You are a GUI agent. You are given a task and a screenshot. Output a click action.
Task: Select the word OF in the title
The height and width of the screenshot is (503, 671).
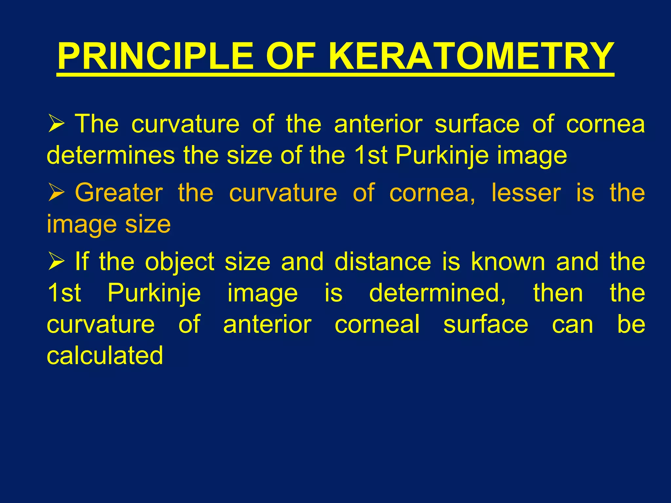[x=291, y=56]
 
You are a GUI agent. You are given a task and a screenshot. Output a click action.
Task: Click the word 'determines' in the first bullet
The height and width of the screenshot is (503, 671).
[x=111, y=155]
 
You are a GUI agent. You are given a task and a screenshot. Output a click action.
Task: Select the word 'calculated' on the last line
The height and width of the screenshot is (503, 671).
[x=105, y=355]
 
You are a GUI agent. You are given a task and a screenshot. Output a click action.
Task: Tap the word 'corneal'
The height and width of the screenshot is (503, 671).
[x=377, y=324]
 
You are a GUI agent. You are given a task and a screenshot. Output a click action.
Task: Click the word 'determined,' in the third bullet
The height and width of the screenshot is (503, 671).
[x=438, y=293]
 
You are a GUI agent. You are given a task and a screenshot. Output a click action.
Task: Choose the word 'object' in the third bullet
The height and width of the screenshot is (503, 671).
[x=180, y=262]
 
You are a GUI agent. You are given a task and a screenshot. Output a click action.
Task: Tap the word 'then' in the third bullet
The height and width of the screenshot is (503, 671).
[x=558, y=293]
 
